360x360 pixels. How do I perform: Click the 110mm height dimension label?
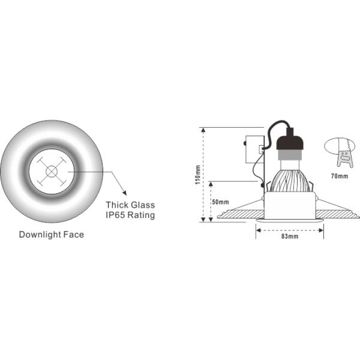point(198,175)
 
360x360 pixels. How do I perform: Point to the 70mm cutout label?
point(339,176)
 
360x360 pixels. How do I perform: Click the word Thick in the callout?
point(117,205)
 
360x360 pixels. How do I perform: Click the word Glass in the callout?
point(143,205)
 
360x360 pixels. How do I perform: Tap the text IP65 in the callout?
point(116,214)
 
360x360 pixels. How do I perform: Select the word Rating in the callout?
point(141,215)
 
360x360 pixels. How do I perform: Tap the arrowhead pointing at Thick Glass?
point(124,192)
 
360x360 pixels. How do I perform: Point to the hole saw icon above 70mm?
point(340,152)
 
